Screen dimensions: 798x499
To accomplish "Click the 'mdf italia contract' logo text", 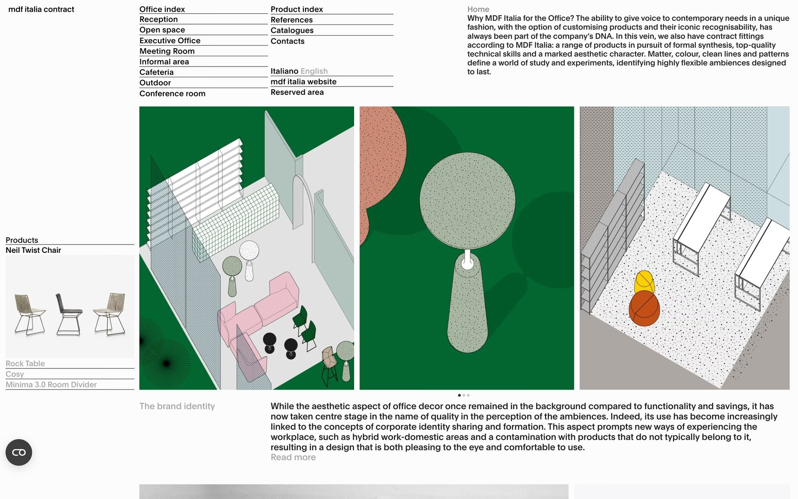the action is (x=41, y=9).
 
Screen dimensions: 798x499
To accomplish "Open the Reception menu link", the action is (x=158, y=19).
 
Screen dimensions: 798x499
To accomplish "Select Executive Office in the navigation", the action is (x=170, y=40).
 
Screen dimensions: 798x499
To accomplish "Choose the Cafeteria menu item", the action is (x=156, y=72).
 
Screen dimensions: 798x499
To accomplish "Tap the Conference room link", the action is (x=172, y=94).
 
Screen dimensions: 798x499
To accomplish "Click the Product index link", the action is (x=297, y=9).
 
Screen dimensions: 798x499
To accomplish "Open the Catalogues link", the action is (x=292, y=30).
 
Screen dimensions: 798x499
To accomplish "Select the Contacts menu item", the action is (x=287, y=41).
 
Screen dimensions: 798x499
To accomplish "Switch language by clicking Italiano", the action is (x=284, y=71).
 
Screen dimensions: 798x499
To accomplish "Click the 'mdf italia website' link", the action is (x=303, y=82).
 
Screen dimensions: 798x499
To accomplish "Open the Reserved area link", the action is (x=297, y=92).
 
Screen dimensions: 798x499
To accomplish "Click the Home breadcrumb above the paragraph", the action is (x=478, y=9).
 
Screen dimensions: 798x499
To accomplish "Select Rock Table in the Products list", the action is (x=25, y=363).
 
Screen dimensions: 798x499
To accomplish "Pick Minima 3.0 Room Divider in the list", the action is (x=51, y=385).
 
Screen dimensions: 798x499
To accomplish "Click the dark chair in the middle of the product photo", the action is (x=68, y=314).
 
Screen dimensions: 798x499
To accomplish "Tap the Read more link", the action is (x=293, y=457).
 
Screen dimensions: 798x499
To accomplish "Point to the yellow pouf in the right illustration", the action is (x=644, y=282).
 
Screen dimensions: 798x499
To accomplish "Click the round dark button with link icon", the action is (x=19, y=452).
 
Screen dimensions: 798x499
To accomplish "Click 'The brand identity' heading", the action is (x=177, y=406).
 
